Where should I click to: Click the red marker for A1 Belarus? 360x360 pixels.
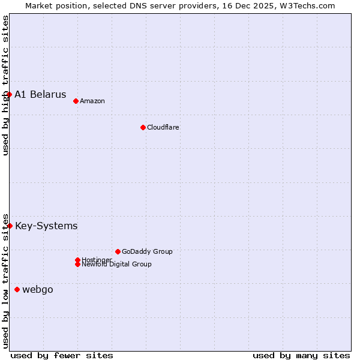(10, 94)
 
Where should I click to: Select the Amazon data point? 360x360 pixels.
(76, 101)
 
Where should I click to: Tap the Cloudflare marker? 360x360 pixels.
(143, 127)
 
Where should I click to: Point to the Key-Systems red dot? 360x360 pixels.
(10, 226)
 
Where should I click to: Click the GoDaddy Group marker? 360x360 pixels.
(118, 251)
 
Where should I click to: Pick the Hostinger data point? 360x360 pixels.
(77, 260)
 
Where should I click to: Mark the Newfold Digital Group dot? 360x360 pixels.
(77, 265)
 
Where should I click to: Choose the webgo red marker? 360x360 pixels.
(17, 289)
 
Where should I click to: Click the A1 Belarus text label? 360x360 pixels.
(40, 95)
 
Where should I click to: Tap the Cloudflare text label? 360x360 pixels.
(163, 127)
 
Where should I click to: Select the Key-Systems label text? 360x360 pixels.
(46, 226)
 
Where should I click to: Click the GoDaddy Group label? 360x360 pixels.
(147, 251)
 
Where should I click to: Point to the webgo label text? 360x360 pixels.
(38, 290)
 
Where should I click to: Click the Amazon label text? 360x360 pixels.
(92, 101)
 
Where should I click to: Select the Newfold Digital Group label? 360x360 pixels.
(117, 265)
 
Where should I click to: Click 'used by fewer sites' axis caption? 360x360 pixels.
(62, 355)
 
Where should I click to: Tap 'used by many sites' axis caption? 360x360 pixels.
(301, 355)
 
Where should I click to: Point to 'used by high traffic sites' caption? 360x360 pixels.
(5, 85)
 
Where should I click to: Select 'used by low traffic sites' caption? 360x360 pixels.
(5, 280)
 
